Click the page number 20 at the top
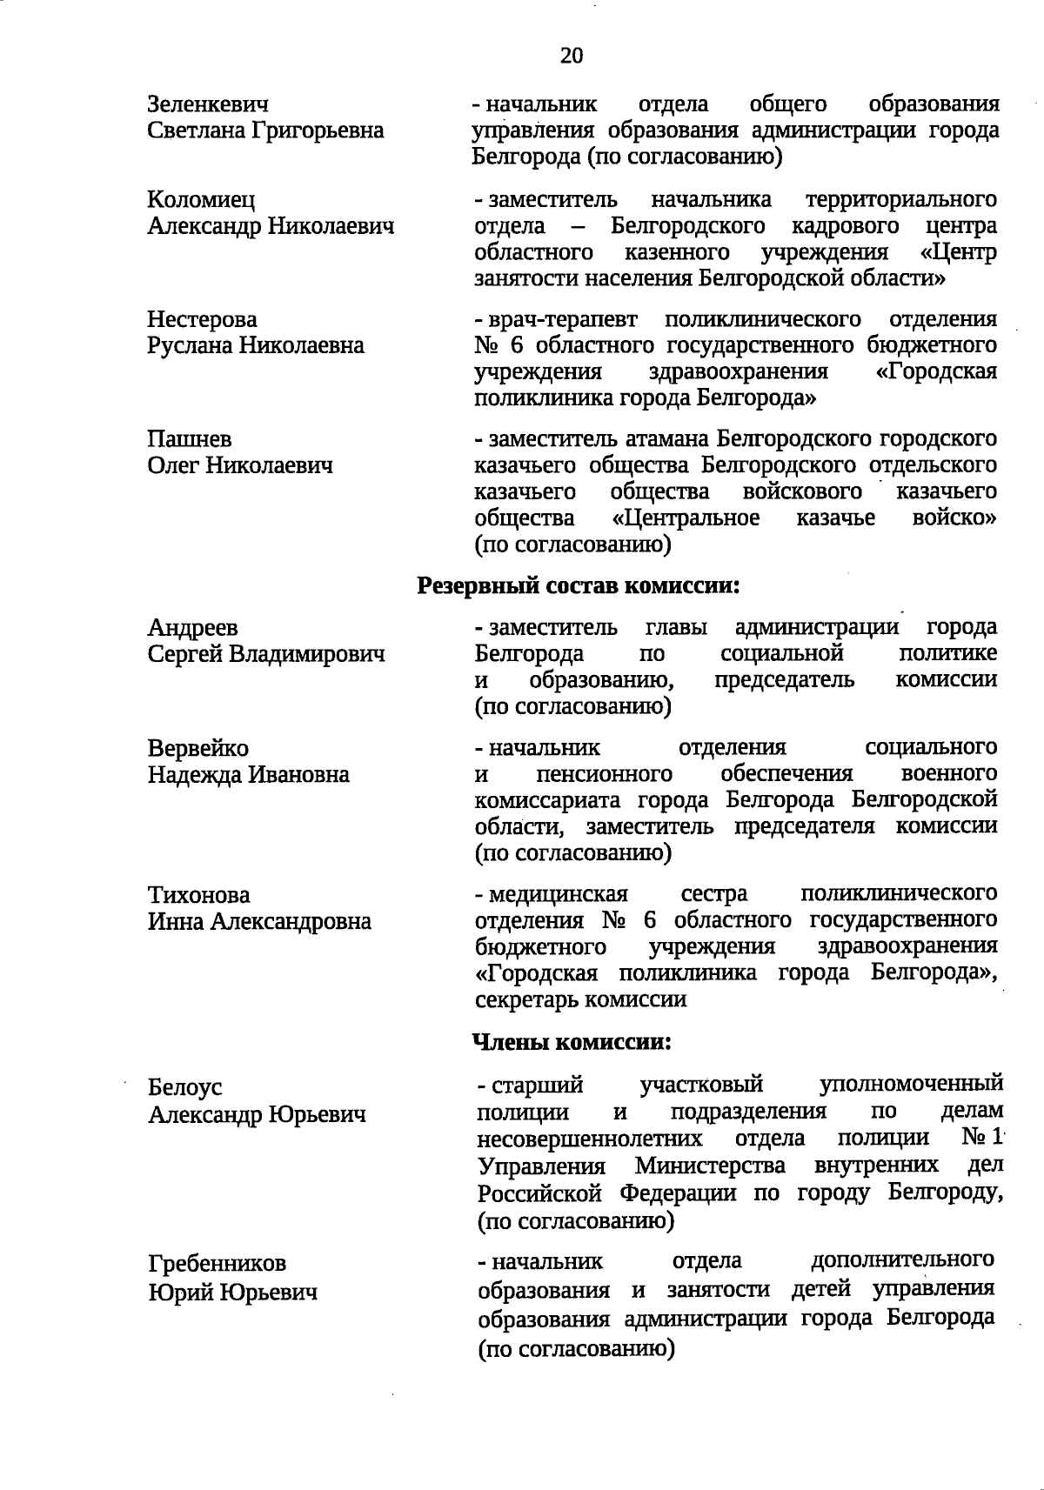click(572, 57)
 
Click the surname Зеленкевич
click(208, 105)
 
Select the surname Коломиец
click(202, 200)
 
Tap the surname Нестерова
click(203, 320)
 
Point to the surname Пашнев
click(190, 440)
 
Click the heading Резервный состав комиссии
click(579, 585)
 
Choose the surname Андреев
click(193, 628)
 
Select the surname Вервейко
click(198, 749)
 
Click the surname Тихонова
click(199, 895)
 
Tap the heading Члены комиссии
click(572, 1041)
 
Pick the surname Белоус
click(185, 1088)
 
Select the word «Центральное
click(686, 518)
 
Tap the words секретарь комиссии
click(581, 999)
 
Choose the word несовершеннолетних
click(590, 1139)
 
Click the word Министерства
click(710, 1166)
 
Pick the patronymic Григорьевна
click(318, 131)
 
